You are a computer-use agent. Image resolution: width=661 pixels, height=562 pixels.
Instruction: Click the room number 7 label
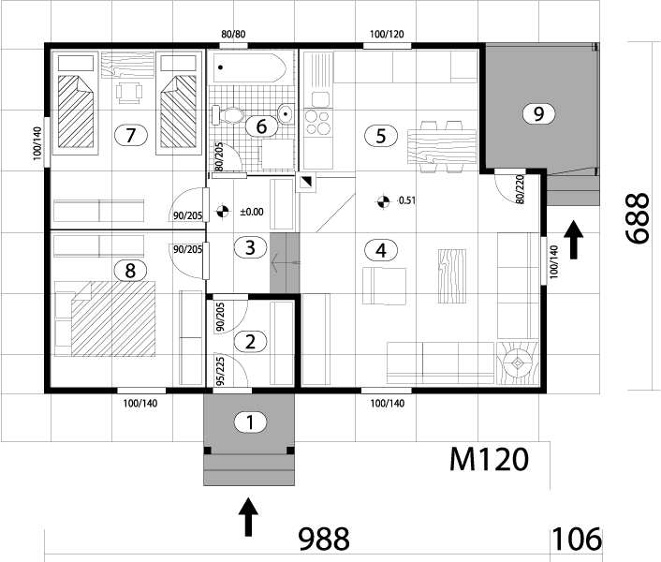tap(131, 135)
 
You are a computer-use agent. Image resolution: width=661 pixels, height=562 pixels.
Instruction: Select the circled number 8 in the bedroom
tap(130, 270)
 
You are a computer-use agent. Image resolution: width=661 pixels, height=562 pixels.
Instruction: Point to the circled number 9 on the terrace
tap(537, 113)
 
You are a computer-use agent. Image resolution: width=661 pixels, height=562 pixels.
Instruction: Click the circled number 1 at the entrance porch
tap(248, 421)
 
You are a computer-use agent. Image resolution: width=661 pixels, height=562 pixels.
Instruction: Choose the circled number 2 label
tap(249, 341)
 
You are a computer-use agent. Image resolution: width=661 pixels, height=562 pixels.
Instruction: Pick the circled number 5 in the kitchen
tap(379, 135)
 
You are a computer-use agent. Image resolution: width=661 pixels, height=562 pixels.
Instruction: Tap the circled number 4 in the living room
tap(379, 250)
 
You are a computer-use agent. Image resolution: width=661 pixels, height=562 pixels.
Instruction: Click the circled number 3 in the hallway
tap(248, 247)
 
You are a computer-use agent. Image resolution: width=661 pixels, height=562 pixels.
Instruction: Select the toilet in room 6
tap(228, 114)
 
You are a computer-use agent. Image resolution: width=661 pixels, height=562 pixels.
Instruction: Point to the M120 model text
tap(489, 459)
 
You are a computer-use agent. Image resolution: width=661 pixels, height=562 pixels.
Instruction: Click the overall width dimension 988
tap(323, 539)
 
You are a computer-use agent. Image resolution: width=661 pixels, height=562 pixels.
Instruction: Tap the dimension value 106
tap(577, 539)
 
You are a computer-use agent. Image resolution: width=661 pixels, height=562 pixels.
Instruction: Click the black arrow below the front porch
tap(248, 517)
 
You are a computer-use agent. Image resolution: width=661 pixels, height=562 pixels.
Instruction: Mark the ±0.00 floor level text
tap(252, 212)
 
